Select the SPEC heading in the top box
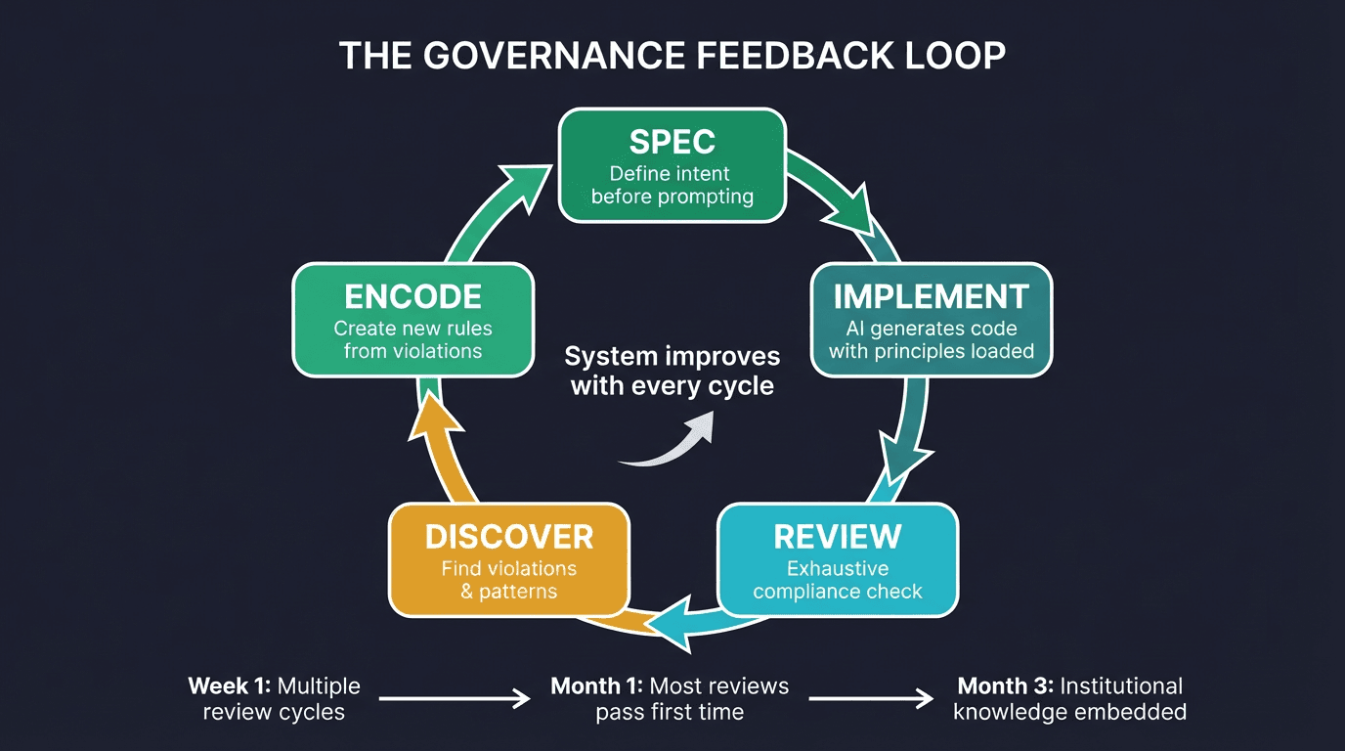(672, 142)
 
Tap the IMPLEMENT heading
(931, 296)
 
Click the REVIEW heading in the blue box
(837, 537)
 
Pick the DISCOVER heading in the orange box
(508, 537)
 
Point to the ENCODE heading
(412, 296)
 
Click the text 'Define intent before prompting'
(672, 186)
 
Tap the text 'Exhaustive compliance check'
(837, 580)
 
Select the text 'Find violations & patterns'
(508, 580)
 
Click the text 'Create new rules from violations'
(412, 339)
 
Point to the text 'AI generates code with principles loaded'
(931, 339)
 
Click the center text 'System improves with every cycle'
(672, 371)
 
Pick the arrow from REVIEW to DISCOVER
(674, 624)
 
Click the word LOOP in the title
(954, 56)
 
